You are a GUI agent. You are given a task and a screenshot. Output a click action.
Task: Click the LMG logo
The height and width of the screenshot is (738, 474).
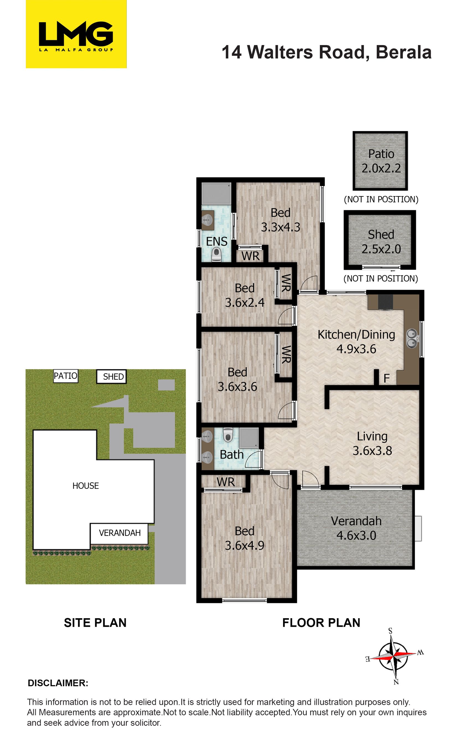coord(76,34)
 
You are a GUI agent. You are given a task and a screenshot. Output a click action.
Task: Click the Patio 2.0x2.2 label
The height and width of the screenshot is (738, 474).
coord(381,161)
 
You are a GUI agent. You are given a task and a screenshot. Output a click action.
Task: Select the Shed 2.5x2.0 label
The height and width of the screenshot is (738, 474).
coord(381,242)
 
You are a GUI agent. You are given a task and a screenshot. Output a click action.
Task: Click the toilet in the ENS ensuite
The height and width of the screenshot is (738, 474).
coord(217,255)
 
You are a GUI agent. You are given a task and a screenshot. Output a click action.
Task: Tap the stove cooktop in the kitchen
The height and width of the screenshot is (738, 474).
coord(386,302)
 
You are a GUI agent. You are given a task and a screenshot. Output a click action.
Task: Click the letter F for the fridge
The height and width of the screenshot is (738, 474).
coord(387,378)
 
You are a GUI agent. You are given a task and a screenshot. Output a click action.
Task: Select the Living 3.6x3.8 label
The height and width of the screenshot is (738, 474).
coord(372,444)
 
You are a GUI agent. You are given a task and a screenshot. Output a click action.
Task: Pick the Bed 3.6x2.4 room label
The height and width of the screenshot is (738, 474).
coord(245,295)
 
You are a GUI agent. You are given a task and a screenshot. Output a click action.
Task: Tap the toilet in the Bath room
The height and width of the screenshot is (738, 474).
coord(228,434)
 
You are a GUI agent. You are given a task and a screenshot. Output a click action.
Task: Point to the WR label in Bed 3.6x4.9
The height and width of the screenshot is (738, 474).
coord(226,482)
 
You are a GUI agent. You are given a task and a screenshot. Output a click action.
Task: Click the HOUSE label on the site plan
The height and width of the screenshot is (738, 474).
coord(86,486)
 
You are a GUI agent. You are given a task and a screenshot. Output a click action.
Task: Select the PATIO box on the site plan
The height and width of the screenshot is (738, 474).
coord(66,376)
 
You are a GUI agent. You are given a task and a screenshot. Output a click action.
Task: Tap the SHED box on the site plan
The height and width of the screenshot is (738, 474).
coord(112,376)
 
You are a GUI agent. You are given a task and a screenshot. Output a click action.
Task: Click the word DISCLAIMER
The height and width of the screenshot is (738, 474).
coord(58,683)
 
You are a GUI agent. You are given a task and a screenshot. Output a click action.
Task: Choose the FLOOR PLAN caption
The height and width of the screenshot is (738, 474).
coord(321,623)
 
